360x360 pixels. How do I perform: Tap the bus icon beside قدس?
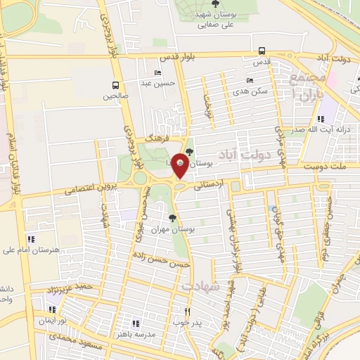[x=262, y=51]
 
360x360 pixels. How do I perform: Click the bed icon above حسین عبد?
[x=157, y=72]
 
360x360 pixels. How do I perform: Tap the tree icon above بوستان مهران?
[x=173, y=217]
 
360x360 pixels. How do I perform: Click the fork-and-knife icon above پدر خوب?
[x=187, y=311]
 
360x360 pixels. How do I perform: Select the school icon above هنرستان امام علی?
[x=29, y=239]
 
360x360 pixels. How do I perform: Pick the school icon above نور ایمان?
[x=52, y=308]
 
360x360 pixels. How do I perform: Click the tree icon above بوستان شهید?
[x=214, y=4]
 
